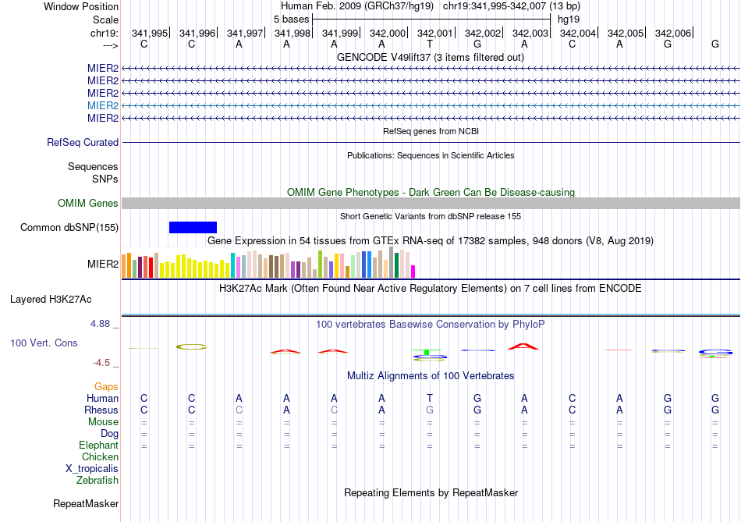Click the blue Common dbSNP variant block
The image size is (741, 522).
[193, 227]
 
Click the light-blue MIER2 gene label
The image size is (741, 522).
[103, 105]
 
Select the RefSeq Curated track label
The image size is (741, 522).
[83, 143]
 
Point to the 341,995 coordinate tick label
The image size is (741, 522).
[150, 33]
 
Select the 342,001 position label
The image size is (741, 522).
[435, 33]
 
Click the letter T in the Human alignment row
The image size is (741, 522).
[429, 398]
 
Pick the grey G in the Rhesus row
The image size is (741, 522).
[429, 410]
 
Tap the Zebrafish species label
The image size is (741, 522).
[97, 481]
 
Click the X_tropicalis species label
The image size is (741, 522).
[92, 469]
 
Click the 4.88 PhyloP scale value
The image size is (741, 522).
[102, 324]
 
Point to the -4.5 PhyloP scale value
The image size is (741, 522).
[102, 363]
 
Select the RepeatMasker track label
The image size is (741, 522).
[86, 504]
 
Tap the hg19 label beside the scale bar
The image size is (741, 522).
[569, 19]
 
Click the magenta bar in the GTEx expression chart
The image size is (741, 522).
[413, 271]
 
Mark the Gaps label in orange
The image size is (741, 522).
[106, 386]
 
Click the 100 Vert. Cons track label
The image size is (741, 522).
[44, 343]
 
